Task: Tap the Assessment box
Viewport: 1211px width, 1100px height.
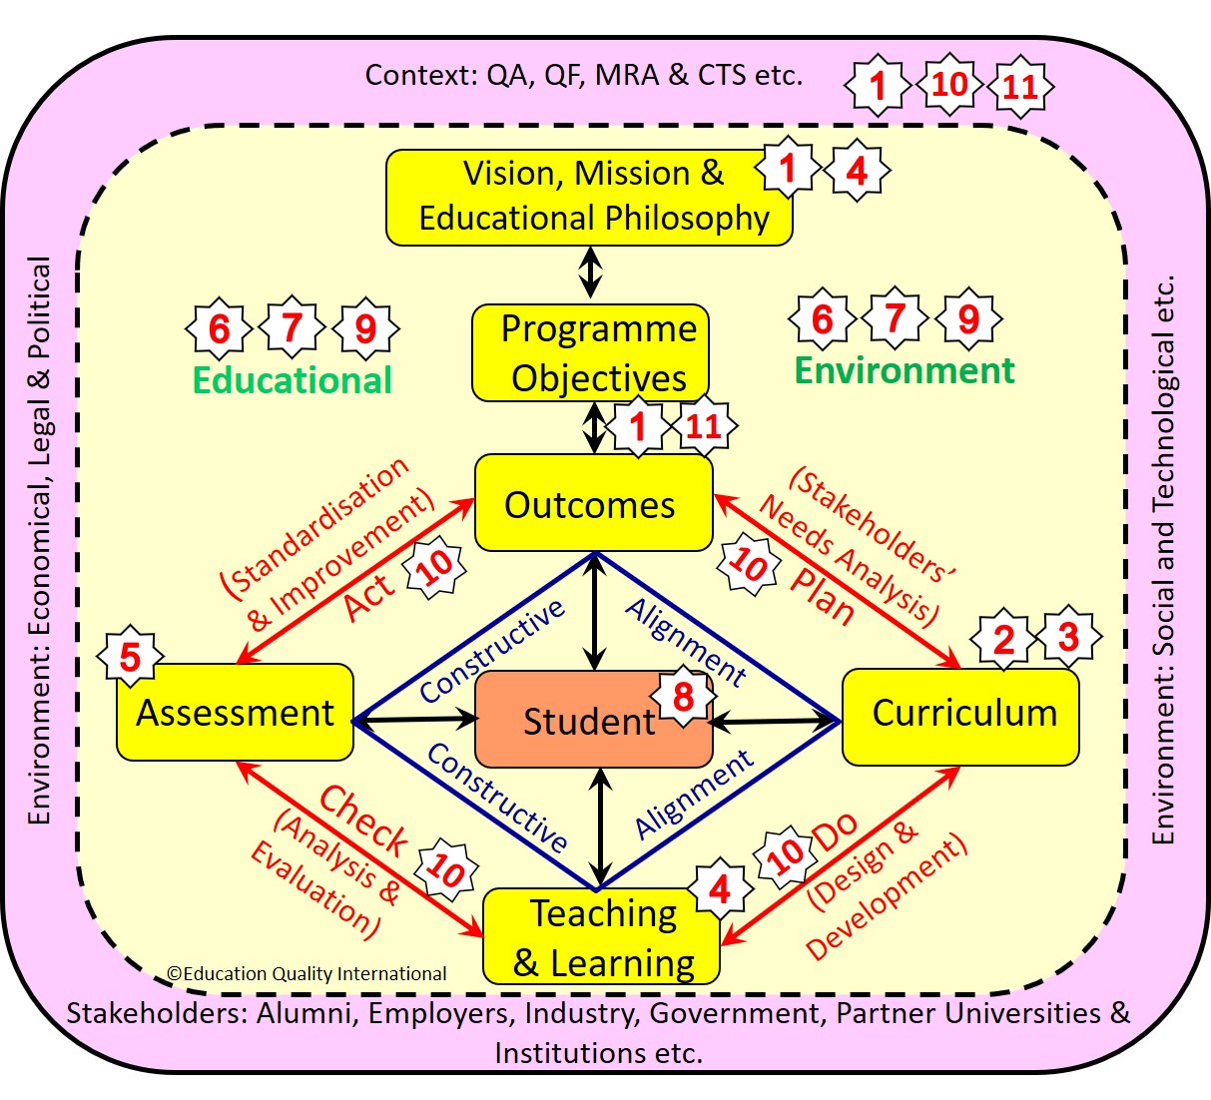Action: tap(235, 713)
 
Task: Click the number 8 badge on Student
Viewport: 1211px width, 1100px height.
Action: tap(683, 696)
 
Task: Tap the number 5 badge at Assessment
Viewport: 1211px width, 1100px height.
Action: tap(130, 658)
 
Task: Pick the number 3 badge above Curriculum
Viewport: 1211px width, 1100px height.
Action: tap(1068, 636)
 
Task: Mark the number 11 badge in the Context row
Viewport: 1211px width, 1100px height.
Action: tap(1020, 87)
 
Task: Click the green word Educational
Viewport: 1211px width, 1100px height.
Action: tap(292, 380)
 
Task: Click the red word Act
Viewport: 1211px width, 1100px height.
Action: tap(369, 596)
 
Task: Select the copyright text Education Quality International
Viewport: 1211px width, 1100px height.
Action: tap(306, 973)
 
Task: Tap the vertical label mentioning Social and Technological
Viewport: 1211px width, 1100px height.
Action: tap(1163, 559)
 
